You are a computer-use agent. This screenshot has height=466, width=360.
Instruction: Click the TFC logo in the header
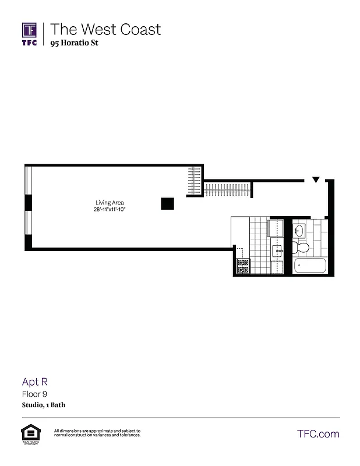(x=30, y=34)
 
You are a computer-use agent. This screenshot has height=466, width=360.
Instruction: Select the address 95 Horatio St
(x=74, y=43)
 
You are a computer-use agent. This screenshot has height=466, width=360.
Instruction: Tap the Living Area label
(x=110, y=203)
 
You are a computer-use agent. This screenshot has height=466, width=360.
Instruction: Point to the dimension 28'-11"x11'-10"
(x=110, y=209)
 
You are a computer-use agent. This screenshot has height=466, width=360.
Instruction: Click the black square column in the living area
(x=168, y=203)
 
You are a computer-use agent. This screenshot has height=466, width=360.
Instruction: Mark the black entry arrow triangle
(x=315, y=180)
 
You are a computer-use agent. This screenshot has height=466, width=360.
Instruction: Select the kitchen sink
(x=278, y=252)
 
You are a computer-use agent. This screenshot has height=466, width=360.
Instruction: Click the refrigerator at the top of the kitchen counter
(x=276, y=228)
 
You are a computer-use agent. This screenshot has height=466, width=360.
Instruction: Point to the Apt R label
(x=34, y=382)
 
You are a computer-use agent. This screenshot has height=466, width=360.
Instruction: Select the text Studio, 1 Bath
(x=44, y=405)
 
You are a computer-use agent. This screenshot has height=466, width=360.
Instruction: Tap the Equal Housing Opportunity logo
(x=30, y=433)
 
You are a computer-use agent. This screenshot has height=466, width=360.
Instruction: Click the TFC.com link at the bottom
(x=318, y=433)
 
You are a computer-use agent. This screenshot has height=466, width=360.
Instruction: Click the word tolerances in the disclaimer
(x=127, y=435)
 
